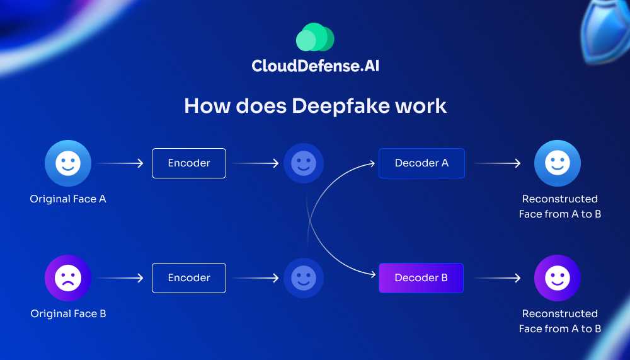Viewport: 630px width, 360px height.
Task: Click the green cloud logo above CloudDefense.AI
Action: coord(315,37)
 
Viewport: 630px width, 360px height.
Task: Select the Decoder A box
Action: coord(421,163)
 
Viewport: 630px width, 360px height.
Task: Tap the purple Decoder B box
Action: coord(421,278)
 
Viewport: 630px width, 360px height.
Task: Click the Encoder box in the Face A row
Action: coord(189,163)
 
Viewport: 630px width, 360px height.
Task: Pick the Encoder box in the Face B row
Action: coord(189,278)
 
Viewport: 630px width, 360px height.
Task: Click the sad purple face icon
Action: coord(68,278)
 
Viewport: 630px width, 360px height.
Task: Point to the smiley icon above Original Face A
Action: coord(68,163)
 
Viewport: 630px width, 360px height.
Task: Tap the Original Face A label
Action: coord(68,199)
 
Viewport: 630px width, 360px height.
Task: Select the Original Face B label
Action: coord(68,314)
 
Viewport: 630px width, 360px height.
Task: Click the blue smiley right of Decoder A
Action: coord(558,163)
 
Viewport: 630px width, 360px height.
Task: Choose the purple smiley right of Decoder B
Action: coord(558,278)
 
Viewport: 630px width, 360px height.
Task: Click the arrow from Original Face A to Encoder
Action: coord(120,164)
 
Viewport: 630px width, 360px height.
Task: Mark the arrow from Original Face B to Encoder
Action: coord(120,278)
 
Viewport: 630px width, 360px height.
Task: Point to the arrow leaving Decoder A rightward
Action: coord(498,164)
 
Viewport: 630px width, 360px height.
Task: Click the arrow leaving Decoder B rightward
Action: coord(498,278)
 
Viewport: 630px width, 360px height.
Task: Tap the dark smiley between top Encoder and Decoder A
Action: coord(304,163)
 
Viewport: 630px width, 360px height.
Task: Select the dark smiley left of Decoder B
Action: coord(304,278)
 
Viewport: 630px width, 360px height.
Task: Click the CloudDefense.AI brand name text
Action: coord(315,66)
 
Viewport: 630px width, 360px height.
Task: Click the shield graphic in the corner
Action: coord(605,32)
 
